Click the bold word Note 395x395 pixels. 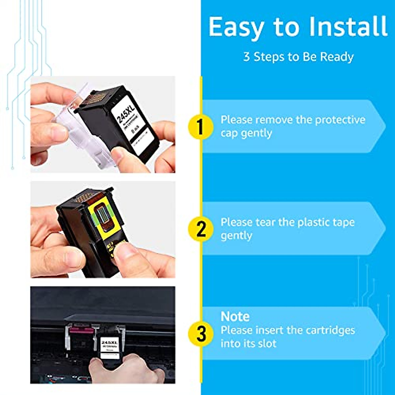click(x=235, y=317)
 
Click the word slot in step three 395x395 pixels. click(x=266, y=344)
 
